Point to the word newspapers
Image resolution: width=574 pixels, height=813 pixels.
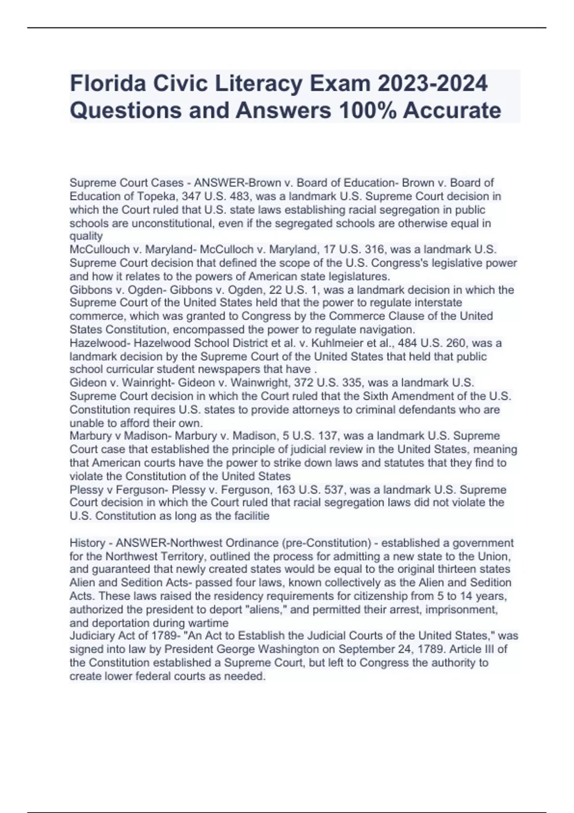tap(239, 369)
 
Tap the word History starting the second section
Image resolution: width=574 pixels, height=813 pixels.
tap(87, 543)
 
